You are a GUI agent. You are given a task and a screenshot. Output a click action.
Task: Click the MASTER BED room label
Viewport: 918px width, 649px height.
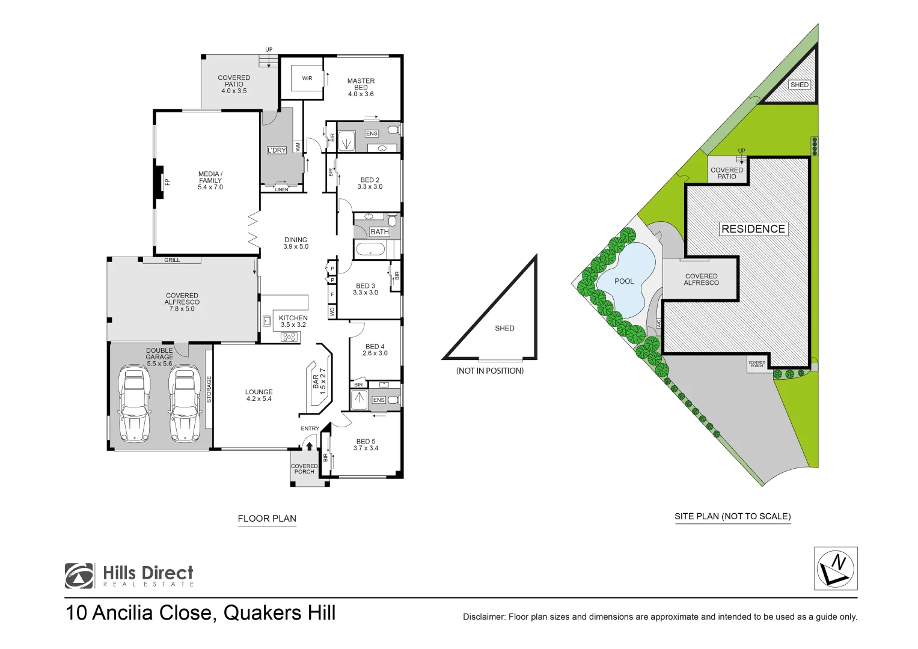point(361,87)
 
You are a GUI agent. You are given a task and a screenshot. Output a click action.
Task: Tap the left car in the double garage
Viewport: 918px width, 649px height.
point(135,404)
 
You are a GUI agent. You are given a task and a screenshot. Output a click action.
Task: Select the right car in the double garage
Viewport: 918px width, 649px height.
point(184,404)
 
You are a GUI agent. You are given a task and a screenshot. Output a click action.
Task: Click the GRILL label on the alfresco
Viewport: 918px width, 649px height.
point(172,260)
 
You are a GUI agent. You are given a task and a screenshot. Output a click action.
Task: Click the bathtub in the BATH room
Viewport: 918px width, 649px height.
point(371,249)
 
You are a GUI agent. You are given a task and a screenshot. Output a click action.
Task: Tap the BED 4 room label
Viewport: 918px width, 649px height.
point(375,350)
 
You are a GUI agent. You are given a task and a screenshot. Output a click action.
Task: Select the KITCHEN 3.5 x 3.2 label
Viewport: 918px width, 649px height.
point(293,321)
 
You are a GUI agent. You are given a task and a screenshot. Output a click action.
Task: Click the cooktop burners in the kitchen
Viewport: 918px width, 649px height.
point(289,337)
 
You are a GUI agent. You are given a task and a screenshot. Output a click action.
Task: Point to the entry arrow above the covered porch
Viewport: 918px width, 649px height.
point(310,446)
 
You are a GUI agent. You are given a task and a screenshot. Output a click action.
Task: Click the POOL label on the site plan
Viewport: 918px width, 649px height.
point(624,281)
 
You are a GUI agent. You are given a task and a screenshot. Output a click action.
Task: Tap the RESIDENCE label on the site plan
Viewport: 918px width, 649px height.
point(753,229)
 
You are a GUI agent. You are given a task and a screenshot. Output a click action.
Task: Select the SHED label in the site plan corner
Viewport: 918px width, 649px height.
point(799,85)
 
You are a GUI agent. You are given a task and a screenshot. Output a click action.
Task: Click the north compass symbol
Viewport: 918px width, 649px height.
point(835,568)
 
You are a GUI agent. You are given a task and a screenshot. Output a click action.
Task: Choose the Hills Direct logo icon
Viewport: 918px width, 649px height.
point(79,576)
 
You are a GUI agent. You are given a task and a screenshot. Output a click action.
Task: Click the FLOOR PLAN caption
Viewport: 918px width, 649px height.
point(267,519)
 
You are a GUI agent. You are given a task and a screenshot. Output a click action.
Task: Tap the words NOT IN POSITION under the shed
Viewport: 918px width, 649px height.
point(490,371)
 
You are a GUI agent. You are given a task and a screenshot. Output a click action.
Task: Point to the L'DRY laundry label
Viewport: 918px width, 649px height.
point(277,150)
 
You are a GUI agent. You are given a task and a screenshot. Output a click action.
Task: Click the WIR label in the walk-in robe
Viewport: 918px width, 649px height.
point(307,78)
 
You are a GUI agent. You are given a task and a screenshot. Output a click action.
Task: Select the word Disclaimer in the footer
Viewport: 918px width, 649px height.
point(483,617)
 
